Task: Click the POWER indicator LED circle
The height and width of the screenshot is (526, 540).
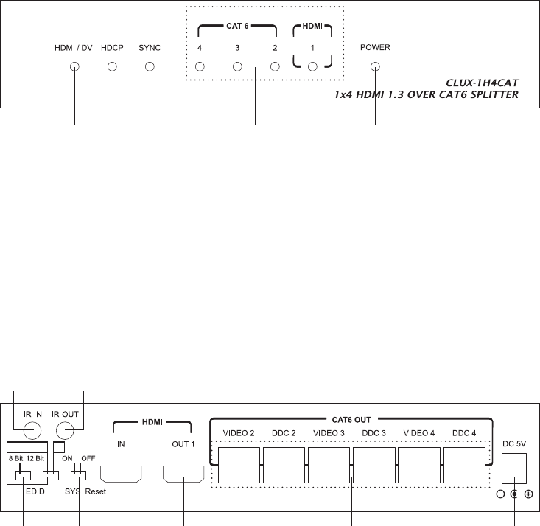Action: pyautogui.click(x=375, y=66)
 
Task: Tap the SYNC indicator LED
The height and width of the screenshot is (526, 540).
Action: pyautogui.click(x=150, y=66)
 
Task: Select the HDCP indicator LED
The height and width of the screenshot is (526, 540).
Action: pyautogui.click(x=112, y=66)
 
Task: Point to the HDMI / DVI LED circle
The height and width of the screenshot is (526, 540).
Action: pyautogui.click(x=74, y=66)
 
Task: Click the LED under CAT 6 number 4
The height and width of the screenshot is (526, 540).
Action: pyautogui.click(x=200, y=66)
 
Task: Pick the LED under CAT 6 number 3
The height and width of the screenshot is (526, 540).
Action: pyautogui.click(x=237, y=66)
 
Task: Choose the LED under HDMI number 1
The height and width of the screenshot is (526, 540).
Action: pyautogui.click(x=312, y=66)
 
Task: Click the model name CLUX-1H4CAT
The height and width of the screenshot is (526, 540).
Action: pyautogui.click(x=482, y=83)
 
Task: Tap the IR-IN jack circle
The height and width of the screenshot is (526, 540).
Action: pyautogui.click(x=32, y=430)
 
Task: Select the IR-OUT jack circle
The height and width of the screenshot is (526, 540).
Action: pyautogui.click(x=65, y=430)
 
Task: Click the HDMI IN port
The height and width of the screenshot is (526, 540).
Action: pyautogui.click(x=121, y=474)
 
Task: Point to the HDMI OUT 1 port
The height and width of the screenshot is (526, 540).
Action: pyautogui.click(x=183, y=474)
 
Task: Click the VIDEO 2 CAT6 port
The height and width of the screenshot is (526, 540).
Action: pyautogui.click(x=239, y=465)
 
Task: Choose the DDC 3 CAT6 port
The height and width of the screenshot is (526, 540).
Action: pyautogui.click(x=374, y=465)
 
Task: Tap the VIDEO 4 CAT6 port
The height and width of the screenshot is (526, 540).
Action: pyautogui.click(x=419, y=465)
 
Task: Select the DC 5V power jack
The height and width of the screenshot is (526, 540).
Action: pyautogui.click(x=514, y=469)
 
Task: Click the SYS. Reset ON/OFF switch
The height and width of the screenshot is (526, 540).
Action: pyautogui.click(x=79, y=476)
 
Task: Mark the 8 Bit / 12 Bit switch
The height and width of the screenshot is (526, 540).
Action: pyautogui.click(x=23, y=476)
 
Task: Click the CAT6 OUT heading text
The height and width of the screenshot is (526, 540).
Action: pyautogui.click(x=351, y=420)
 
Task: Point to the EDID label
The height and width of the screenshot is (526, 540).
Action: pyautogui.click(x=35, y=491)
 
